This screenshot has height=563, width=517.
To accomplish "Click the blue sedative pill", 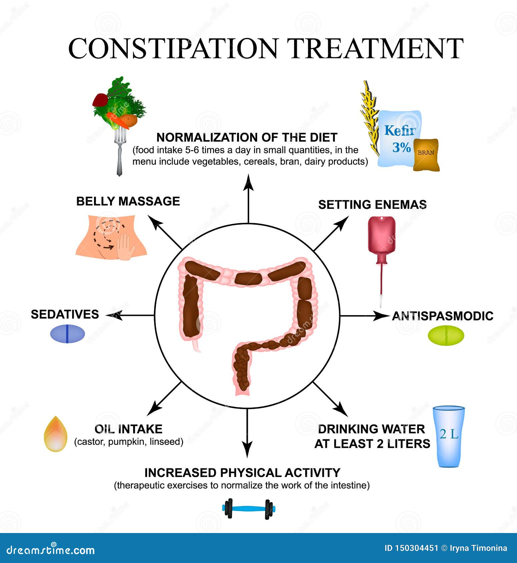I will click(x=67, y=334).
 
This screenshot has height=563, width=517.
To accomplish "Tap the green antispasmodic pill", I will click(x=446, y=335).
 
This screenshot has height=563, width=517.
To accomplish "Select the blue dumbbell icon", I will click(x=248, y=509).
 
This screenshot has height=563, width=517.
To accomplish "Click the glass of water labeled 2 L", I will click(x=449, y=436).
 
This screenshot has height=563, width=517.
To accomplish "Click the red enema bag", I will click(x=382, y=235).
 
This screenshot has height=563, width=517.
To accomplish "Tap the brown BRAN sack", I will click(x=426, y=155).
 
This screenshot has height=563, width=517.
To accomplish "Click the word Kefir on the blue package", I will click(x=400, y=130).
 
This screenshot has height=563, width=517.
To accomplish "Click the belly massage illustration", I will click(x=111, y=237).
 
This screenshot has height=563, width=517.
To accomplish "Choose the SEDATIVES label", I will click(x=65, y=314).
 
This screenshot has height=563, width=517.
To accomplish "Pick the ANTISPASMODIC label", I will click(x=443, y=316).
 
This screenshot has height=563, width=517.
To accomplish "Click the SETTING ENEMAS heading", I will click(x=372, y=204).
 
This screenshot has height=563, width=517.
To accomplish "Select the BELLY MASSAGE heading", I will click(x=128, y=201).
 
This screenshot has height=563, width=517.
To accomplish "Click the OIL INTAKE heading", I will click(x=128, y=429).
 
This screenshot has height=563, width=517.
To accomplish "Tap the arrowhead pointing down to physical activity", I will click(x=247, y=451).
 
